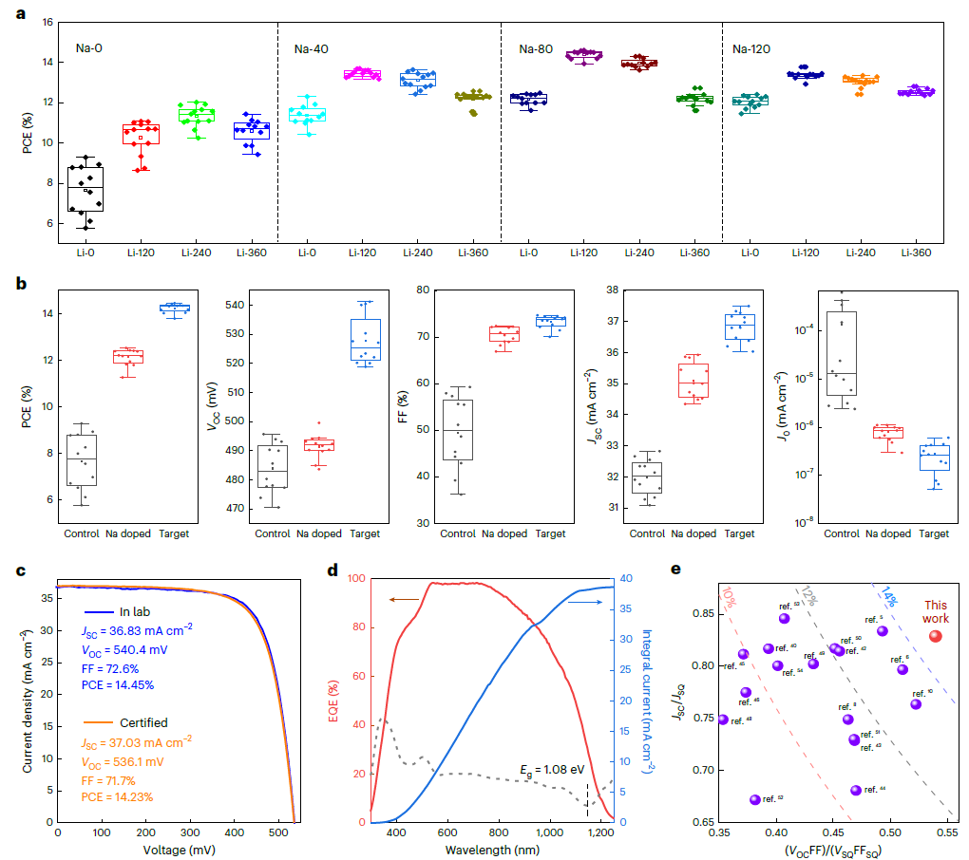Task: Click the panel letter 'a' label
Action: pos(20,13)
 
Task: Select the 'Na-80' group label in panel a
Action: pos(538,48)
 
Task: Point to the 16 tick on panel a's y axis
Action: pos(47,21)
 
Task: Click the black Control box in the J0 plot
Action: pos(841,353)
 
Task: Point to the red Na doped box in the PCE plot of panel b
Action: pos(127,357)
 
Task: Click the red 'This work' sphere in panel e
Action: pos(936,636)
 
